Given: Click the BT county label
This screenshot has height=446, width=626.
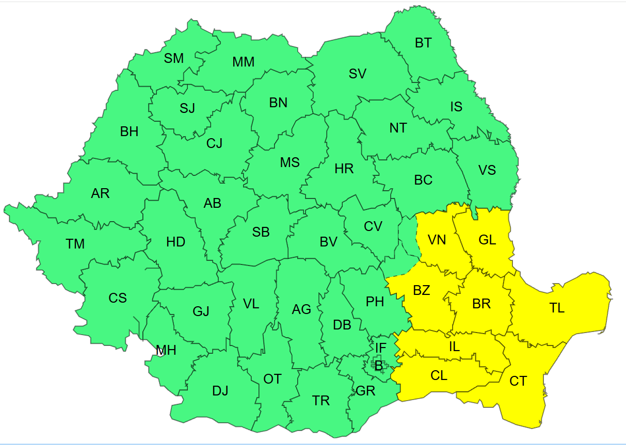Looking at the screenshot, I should coord(423,43).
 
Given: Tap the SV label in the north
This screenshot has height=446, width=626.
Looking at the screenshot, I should coord(357,74).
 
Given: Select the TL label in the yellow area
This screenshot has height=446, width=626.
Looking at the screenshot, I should coord(557,308).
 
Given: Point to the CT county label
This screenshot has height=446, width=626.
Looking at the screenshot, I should coord(518,381).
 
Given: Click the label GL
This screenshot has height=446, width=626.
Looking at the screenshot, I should coord(487,240).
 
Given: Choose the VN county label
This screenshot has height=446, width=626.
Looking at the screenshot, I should coord(437,240).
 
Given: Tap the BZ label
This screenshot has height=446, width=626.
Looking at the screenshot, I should coord(422,290).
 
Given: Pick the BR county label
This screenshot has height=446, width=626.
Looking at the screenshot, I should coord(481,304).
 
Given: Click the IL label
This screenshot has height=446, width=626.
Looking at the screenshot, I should coord(454,347).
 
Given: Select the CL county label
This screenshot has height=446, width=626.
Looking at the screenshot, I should coord(439,375).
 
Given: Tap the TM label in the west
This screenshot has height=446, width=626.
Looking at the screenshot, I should coord(75,243).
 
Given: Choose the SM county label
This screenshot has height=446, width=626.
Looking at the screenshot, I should coord(174,58).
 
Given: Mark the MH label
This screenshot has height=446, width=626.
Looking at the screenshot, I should coord(166,351).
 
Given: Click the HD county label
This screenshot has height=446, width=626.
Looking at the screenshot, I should coord(175,241).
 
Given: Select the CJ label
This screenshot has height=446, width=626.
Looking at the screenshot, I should coord(214,143).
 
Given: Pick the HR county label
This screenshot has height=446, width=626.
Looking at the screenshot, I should coord(344,169).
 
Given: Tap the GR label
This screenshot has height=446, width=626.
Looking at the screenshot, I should coord(365,391).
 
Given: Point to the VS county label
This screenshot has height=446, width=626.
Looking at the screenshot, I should coord(487,170).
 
